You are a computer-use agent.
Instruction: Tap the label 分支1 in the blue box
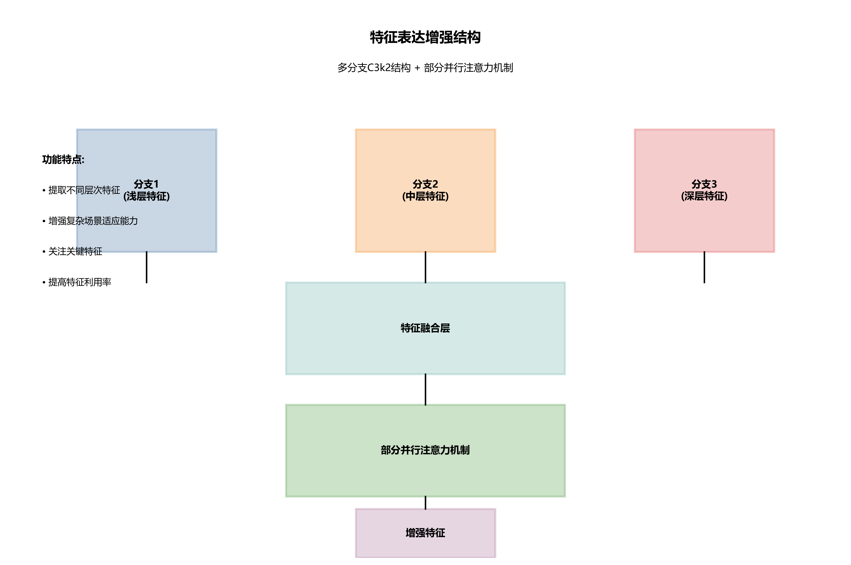click(x=146, y=184)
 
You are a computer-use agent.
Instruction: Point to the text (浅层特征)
click(x=146, y=196)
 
